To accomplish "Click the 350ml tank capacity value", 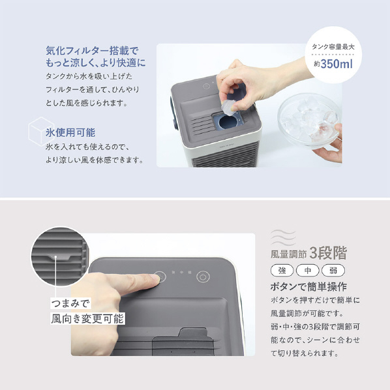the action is pos(337,64).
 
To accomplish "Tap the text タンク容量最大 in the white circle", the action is pos(333,47).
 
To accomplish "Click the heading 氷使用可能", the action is pos(70,132).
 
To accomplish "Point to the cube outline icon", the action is pos(41,131).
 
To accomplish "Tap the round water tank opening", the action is pos(228,122).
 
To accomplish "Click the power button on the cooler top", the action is pos(203,277).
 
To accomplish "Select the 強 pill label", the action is pos(282,271).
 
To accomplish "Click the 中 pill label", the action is pos(307,271).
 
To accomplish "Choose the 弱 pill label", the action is pos(333,271).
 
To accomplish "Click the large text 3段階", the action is pos(328,253).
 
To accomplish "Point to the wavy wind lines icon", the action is pos(283,237).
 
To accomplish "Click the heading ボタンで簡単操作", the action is pos(308,287).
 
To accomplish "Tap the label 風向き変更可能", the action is pos(87,319).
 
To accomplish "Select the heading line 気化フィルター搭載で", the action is pos(91,51).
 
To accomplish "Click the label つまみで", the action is pos(70,303).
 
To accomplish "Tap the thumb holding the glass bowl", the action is pos(336,131).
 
